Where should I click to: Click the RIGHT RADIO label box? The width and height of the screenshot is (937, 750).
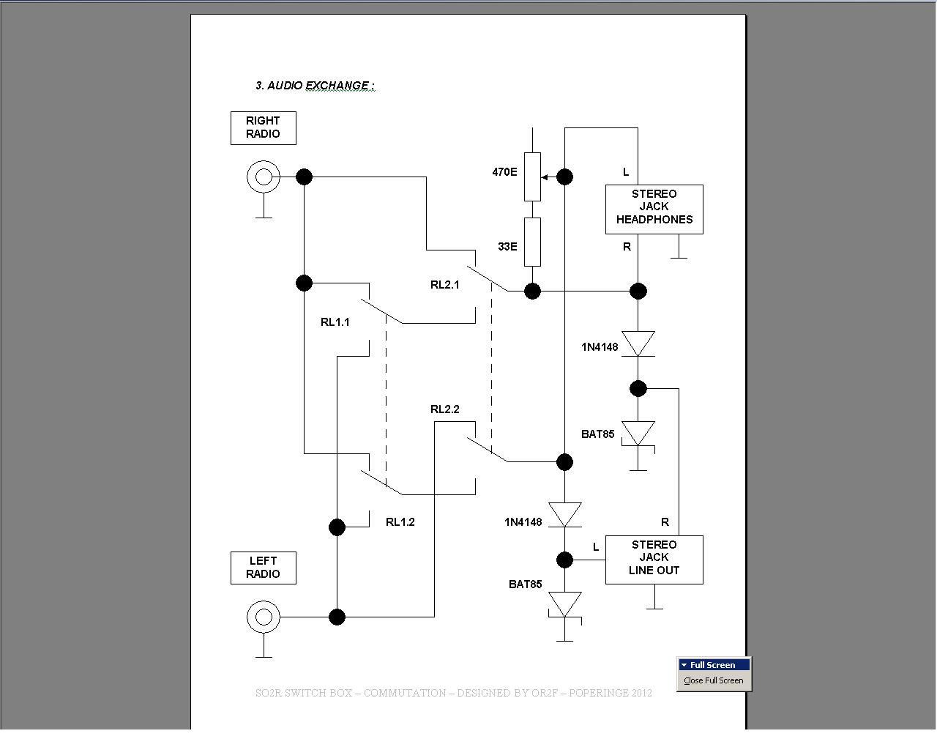[x=263, y=127]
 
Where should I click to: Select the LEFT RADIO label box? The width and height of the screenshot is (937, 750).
[x=263, y=568]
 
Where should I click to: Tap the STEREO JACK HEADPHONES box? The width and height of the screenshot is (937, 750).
[x=654, y=209]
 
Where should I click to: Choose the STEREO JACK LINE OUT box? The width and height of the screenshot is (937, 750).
[x=654, y=560]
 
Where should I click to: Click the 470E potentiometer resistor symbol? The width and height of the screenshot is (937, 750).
[x=532, y=177]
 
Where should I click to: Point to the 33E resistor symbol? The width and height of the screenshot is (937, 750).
[x=532, y=242]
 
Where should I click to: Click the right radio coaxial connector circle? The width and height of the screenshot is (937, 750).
[x=263, y=177]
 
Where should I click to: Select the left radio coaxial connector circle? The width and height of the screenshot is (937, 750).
[x=263, y=617]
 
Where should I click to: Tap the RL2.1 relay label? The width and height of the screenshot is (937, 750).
[x=444, y=285]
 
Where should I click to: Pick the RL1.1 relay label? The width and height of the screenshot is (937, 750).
[x=335, y=322]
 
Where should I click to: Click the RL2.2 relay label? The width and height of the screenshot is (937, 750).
[x=444, y=409]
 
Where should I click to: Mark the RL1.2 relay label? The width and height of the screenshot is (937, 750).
[x=400, y=522]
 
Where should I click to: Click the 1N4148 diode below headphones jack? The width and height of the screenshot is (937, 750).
[x=638, y=344]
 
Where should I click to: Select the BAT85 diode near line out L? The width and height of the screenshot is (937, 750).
[x=564, y=605]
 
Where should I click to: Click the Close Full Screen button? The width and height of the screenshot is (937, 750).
[x=713, y=680]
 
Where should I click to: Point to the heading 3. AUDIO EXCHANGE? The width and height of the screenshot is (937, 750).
[x=315, y=86]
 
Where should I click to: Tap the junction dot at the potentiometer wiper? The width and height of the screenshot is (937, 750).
[x=564, y=177]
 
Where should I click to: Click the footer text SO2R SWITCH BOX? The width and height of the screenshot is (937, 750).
[x=453, y=693]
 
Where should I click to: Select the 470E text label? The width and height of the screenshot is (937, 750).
[x=504, y=172]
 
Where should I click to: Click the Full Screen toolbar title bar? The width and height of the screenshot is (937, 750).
[x=713, y=665]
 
